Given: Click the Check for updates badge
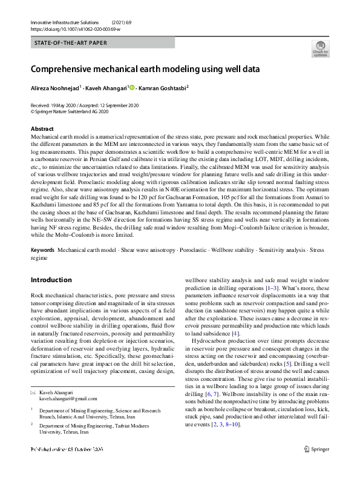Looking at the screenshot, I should [x=320, y=49].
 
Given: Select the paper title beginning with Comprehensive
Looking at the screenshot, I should [x=145, y=69].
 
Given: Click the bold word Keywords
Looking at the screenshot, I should [x=42, y=250].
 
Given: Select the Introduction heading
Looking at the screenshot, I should [x=51, y=280].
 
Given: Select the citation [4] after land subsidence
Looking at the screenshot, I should [x=236, y=333].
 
